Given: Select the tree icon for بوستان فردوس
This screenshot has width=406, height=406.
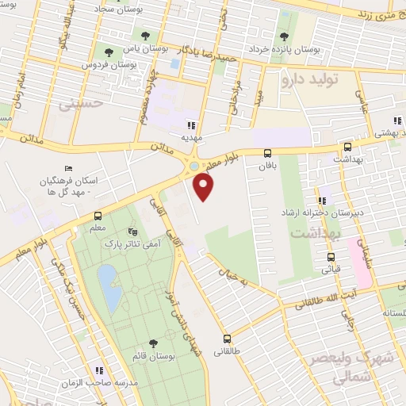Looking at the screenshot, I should [x=109, y=52].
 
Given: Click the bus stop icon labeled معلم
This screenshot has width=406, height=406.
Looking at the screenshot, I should [x=98, y=216].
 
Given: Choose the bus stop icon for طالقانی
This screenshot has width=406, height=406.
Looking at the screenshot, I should [x=227, y=338].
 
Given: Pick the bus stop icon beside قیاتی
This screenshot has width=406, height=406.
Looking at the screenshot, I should [x=331, y=257].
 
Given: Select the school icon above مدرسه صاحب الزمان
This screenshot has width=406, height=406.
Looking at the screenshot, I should [x=99, y=370].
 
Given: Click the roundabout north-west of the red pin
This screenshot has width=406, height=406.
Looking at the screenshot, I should [x=193, y=167].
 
